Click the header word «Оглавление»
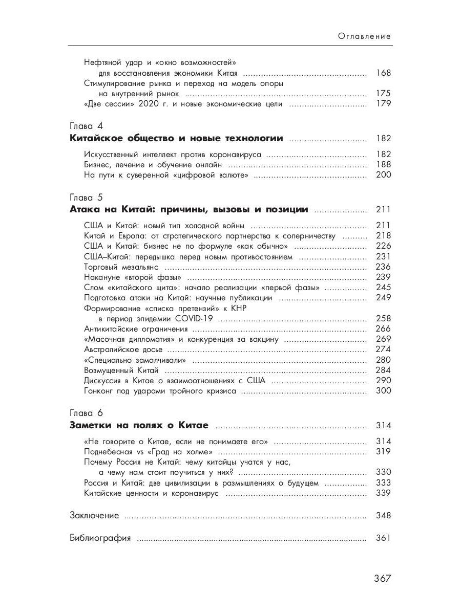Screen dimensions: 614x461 365,36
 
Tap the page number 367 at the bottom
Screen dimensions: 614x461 382,578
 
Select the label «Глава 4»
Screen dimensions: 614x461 86,126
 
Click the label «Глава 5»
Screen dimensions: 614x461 86,197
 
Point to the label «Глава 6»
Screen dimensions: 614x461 86,413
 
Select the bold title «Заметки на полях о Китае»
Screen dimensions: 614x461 139,425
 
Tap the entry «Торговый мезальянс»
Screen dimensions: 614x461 121,267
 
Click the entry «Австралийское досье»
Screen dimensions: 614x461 123,349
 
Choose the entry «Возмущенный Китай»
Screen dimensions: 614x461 121,370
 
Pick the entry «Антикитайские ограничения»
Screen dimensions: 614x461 136,329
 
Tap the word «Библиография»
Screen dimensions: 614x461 100,538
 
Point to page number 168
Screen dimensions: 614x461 383,73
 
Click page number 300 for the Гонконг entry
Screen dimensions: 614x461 383,391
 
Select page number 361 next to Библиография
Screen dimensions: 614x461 383,538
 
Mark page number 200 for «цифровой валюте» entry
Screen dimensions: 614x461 383,175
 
